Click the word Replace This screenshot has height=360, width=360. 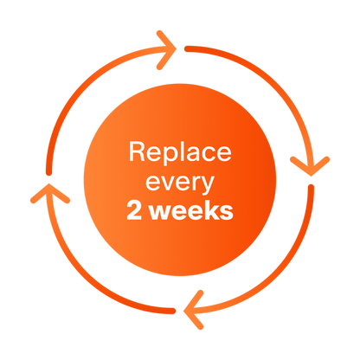coord(180,152)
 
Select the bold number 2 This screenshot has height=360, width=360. coord(134,210)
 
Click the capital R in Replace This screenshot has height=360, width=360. coord(137,151)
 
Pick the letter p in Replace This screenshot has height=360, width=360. coord(168,156)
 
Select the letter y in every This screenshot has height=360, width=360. coord(207,186)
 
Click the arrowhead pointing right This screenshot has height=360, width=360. coord(167,50)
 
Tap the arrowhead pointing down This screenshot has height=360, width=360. coord(310,166)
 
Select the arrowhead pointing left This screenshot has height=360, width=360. coord(193,310)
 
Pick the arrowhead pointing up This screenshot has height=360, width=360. coord(49,193)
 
